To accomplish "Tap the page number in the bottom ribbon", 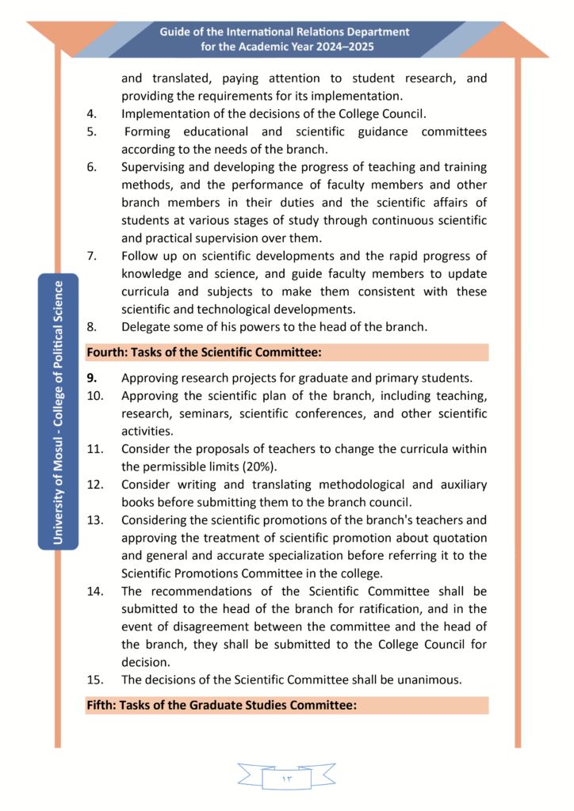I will [286, 779].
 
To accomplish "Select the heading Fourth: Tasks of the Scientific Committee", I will [203, 352].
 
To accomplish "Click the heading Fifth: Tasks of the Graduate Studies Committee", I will [221, 705].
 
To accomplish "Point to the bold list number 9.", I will [91, 378].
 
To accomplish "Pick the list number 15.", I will [94, 680].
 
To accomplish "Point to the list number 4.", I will [91, 113].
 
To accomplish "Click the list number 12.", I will [94, 484].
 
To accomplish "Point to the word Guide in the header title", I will [176, 32].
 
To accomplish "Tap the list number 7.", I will [91, 256].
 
